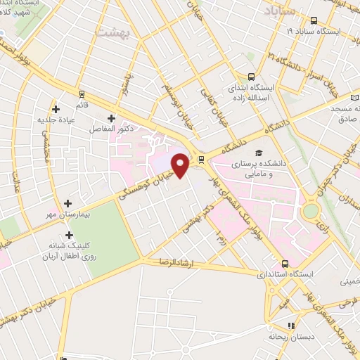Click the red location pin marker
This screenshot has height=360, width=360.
(181, 165)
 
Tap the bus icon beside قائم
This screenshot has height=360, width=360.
(82, 94)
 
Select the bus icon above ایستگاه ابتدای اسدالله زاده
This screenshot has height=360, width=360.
(251, 77)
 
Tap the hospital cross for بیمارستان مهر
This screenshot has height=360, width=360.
(67, 202)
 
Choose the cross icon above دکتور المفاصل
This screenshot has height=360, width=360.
(110, 117)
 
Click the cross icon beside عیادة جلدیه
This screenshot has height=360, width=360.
(57, 108)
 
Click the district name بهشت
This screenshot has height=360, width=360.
(112, 32)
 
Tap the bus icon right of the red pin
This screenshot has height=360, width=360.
(202, 158)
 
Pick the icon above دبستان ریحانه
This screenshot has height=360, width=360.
(292, 325)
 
